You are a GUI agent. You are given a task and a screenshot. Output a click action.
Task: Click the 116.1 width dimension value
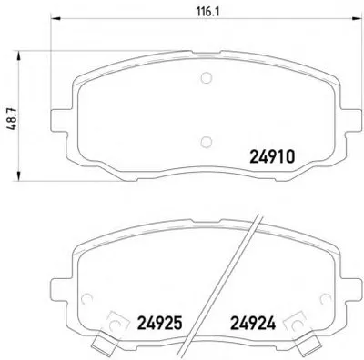click(207, 12)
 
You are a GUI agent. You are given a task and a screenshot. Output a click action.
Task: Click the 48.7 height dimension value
click(13, 119)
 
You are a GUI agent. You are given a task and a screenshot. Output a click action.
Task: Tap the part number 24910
click(272, 157)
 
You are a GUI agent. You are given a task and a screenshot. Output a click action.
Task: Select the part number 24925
click(160, 323)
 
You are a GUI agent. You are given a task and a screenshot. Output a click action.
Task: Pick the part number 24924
click(253, 323)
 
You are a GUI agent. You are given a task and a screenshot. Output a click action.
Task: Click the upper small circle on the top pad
click(207, 77)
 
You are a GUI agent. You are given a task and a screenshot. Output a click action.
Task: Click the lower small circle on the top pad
click(207, 142)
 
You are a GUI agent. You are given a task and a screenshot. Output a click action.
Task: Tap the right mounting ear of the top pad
click(351, 120)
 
